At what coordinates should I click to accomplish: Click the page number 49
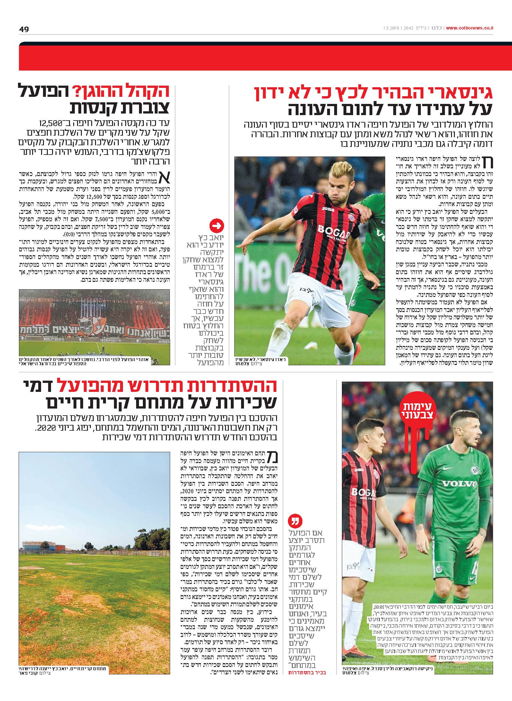tap(24, 29)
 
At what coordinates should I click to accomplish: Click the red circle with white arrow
tap(216, 226)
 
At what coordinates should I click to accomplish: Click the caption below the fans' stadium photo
tap(95, 361)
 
